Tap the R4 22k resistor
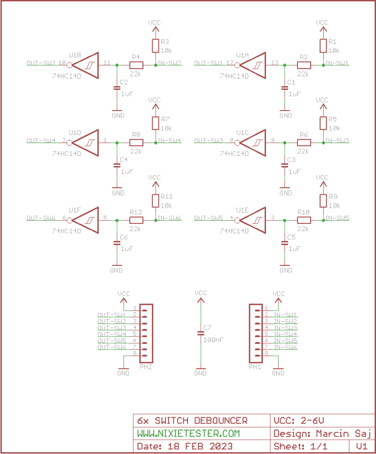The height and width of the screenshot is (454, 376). (x=136, y=64)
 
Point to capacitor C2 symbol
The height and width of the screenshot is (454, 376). (x=117, y=88)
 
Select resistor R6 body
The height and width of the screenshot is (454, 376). (x=304, y=141)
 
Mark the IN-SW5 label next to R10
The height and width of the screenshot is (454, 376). (x=337, y=218)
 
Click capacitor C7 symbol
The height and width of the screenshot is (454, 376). (x=201, y=333)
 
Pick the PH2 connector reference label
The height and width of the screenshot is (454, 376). (x=146, y=366)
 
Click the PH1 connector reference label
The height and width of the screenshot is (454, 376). (x=255, y=366)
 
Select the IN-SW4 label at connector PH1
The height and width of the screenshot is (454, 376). (x=285, y=334)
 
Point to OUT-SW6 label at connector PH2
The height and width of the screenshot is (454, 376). (x=111, y=347)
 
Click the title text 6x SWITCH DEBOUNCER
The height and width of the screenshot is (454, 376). (x=192, y=421)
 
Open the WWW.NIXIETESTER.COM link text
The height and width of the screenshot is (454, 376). (x=188, y=433)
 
